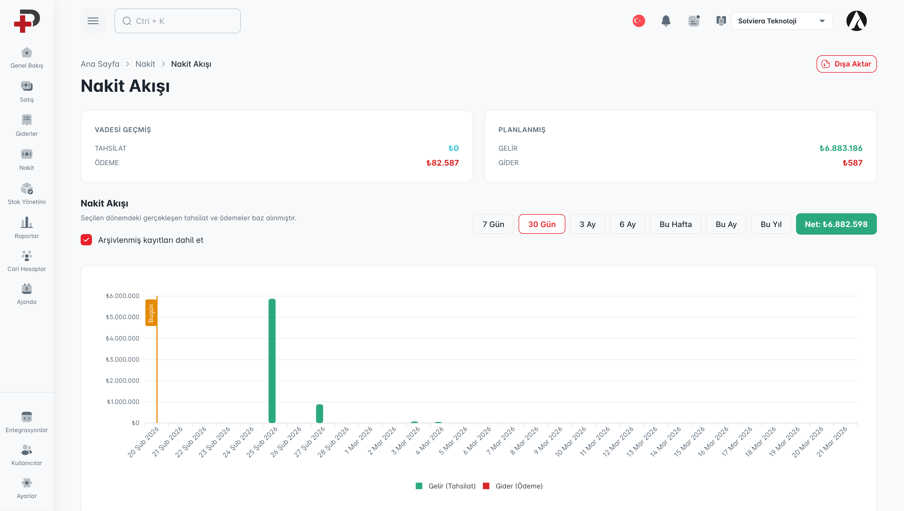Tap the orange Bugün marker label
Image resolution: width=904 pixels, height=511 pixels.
coord(151,313)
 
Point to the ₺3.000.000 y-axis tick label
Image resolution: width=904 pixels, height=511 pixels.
coord(123,359)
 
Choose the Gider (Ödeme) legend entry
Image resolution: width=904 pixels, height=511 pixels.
coord(513,486)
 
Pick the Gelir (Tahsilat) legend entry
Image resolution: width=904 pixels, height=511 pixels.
coord(446,486)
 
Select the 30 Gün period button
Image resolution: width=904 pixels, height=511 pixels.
coord(542,224)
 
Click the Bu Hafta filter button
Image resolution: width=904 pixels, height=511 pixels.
coord(675,224)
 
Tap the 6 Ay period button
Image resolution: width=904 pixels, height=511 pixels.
coord(627,224)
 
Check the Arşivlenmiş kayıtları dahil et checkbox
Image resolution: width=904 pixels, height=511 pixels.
coord(86,240)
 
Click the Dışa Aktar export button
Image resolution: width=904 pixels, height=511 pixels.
coord(846,64)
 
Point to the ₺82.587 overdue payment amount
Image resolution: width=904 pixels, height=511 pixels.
coord(442,163)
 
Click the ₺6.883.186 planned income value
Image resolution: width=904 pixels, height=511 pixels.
coord(841,148)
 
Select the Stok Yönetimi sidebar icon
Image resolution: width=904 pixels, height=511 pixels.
coord(27,188)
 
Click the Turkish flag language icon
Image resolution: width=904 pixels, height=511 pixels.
coord(638,21)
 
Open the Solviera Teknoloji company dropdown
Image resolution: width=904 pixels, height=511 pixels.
coord(782,21)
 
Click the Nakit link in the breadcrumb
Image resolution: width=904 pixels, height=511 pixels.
coord(145,64)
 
